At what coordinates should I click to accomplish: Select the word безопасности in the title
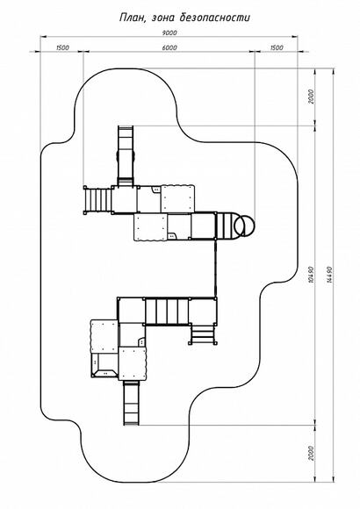click(x=215, y=18)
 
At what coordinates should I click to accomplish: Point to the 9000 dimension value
click(x=169, y=32)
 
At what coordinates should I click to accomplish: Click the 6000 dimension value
click(x=169, y=47)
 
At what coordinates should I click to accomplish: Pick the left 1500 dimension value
click(x=62, y=47)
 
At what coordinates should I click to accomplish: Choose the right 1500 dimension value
click(x=277, y=47)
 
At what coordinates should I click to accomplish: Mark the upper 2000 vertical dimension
click(x=311, y=97)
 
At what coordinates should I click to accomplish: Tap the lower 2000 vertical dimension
click(x=311, y=453)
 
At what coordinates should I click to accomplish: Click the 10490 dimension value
click(x=311, y=275)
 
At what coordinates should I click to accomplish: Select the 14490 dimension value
click(x=328, y=275)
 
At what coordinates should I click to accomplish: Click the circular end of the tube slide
click(x=245, y=226)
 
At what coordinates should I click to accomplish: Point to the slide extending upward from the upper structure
click(x=126, y=156)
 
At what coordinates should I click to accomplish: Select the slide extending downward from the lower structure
click(x=132, y=403)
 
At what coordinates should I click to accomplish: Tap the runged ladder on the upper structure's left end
click(x=97, y=200)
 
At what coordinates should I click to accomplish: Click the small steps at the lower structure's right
click(x=203, y=333)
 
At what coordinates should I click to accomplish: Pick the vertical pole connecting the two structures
click(x=215, y=269)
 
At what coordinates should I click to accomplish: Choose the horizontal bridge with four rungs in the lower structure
click(x=166, y=312)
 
